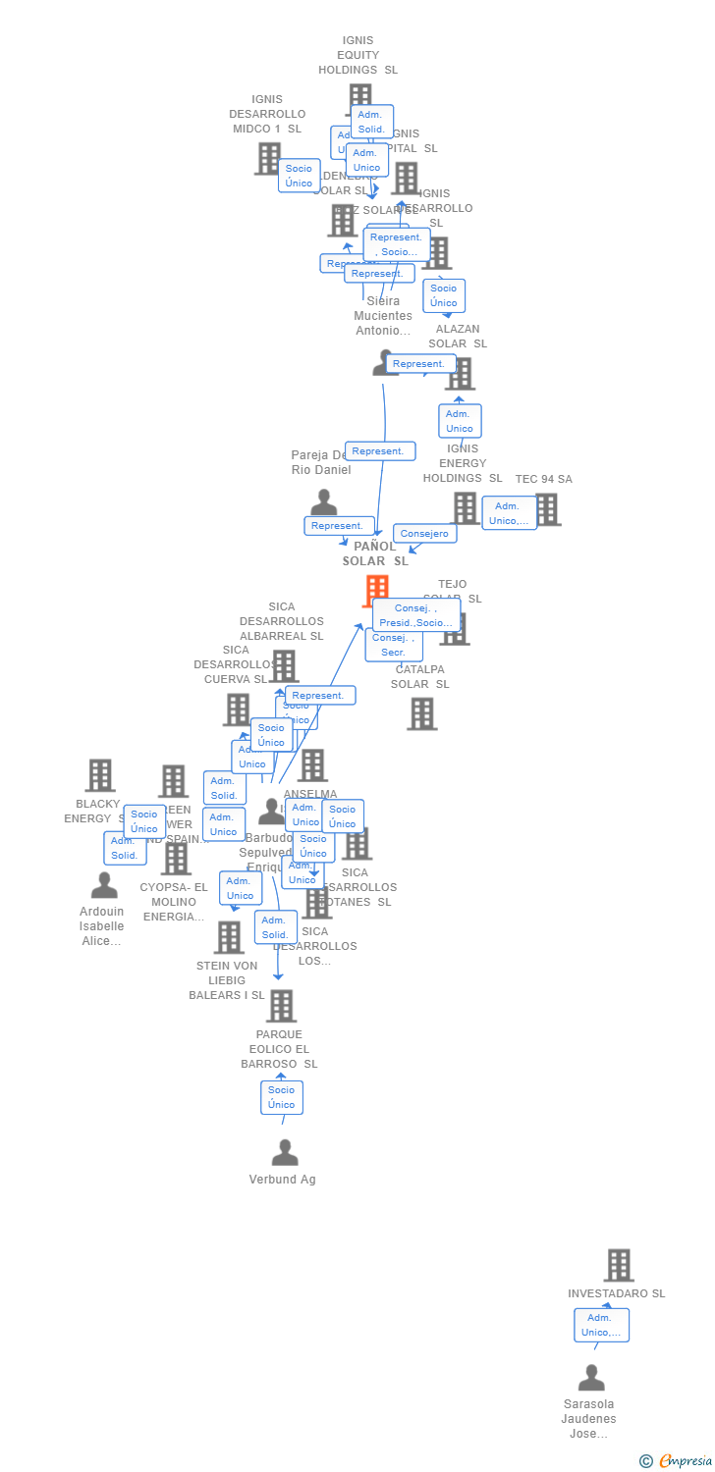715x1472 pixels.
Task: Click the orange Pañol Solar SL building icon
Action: [376, 591]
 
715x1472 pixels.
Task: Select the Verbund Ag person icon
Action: [285, 1153]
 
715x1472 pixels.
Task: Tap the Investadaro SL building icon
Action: [619, 1266]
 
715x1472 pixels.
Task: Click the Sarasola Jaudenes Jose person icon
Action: [591, 1379]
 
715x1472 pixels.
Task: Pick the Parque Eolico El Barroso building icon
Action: [282, 1006]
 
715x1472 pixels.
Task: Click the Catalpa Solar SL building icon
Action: [422, 714]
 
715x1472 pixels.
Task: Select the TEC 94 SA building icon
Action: [547, 509]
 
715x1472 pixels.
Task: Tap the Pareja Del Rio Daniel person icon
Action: [323, 502]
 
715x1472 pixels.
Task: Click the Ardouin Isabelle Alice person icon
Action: [104, 885]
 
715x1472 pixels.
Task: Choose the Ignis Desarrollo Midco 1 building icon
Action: [268, 158]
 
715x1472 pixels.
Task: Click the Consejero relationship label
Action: [424, 534]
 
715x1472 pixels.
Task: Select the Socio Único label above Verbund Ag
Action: [282, 1097]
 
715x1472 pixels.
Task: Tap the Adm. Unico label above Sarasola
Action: [601, 1325]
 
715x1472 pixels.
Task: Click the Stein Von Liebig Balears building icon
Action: [229, 937]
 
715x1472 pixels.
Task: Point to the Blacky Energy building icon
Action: [100, 775]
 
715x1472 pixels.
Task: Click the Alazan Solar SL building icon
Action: [460, 374]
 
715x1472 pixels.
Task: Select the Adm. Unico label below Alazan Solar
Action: [460, 421]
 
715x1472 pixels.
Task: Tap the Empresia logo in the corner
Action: [677, 1461]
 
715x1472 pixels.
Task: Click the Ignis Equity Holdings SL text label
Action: [357, 55]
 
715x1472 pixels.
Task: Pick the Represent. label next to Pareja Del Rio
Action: [339, 526]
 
